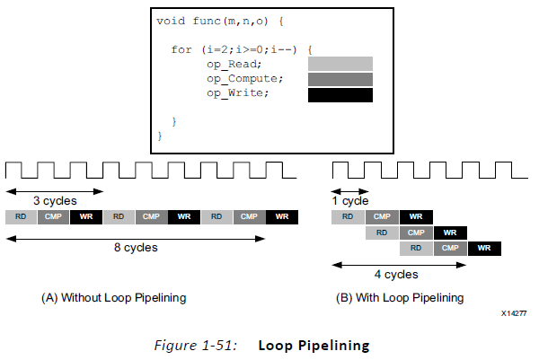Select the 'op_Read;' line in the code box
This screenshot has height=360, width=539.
tap(234, 65)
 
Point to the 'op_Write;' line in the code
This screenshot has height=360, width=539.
tap(237, 93)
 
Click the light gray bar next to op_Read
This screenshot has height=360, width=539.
tap(340, 64)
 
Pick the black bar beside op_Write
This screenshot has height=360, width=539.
tap(340, 94)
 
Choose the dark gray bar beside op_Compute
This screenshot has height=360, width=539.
tap(340, 79)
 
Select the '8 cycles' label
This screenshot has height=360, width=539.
tap(137, 247)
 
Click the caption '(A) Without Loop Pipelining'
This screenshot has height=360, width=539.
tap(113, 297)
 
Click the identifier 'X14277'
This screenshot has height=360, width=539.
tap(514, 313)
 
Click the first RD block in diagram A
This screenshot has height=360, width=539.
tap(22, 217)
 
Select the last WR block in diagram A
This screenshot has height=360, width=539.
tap(282, 217)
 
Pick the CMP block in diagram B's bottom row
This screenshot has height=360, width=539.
tap(449, 248)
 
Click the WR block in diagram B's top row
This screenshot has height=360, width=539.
tap(416, 216)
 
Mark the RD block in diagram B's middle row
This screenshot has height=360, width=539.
tap(382, 233)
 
